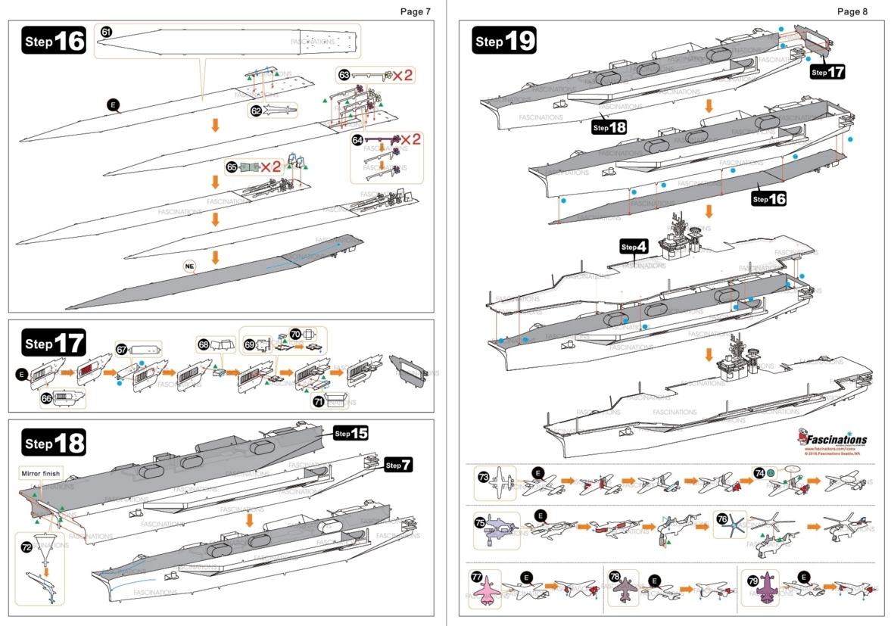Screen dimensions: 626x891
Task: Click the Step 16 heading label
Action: point(55,41)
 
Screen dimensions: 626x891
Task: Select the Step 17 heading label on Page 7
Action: point(55,343)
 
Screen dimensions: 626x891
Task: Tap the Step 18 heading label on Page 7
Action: point(55,443)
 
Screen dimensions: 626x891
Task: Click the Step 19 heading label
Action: point(504,41)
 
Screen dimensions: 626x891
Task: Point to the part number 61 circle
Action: point(106,32)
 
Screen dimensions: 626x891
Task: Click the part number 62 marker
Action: point(256,111)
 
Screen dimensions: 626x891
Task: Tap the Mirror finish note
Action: point(40,474)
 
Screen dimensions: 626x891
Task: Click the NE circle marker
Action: point(190,266)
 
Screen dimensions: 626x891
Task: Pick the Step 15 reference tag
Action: point(350,433)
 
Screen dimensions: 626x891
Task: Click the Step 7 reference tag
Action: point(398,465)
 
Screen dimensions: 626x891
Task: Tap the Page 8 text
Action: point(852,11)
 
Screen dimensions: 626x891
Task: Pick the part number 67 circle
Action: point(121,349)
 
